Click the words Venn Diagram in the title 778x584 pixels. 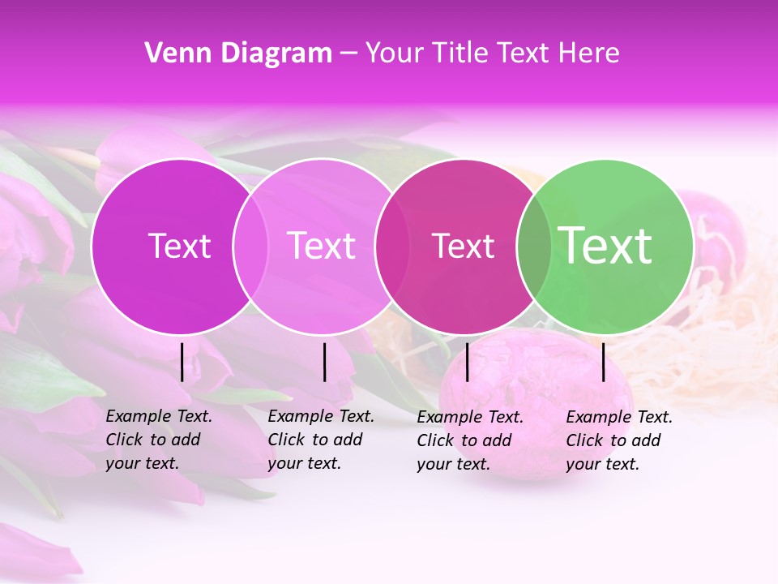point(238,54)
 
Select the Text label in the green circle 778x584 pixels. point(605,245)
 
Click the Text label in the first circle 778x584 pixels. point(179,246)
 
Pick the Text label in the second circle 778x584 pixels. point(322,246)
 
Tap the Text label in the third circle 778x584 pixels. point(464,246)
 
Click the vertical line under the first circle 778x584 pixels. point(182,362)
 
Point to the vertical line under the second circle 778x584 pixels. point(324,362)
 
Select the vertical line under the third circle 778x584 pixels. point(467,362)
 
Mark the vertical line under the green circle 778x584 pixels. point(603,362)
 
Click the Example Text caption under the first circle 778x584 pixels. point(158,440)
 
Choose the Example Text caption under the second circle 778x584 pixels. point(320,440)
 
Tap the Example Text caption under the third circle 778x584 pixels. point(469,440)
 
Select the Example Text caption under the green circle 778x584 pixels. point(618,440)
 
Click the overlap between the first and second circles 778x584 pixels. point(250,246)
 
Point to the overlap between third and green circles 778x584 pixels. point(534,246)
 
